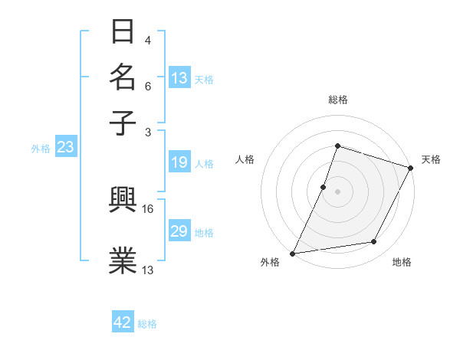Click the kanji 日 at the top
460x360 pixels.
tap(123, 32)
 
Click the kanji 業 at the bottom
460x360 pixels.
tap(123, 259)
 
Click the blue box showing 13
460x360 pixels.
tap(179, 77)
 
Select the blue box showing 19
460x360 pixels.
tap(179, 162)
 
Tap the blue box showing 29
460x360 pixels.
tap(179, 231)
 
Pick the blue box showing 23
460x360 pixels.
tap(64, 148)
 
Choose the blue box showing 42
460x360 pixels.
tap(123, 322)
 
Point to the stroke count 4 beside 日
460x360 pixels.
tap(148, 40)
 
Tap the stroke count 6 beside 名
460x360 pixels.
tap(148, 87)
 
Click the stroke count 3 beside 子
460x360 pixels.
tap(148, 133)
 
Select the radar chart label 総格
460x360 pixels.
tap(337, 100)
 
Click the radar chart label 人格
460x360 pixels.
tap(245, 159)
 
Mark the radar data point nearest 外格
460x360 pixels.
tap(293, 253)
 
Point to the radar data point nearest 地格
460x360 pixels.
tap(374, 242)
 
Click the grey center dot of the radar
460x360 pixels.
tap(337, 191)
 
